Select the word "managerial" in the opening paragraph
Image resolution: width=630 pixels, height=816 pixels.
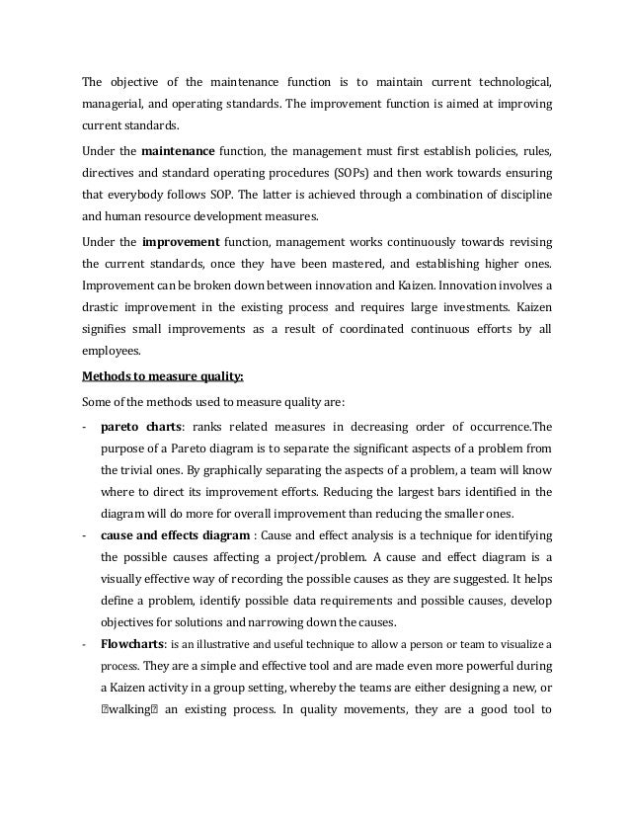[113, 105]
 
